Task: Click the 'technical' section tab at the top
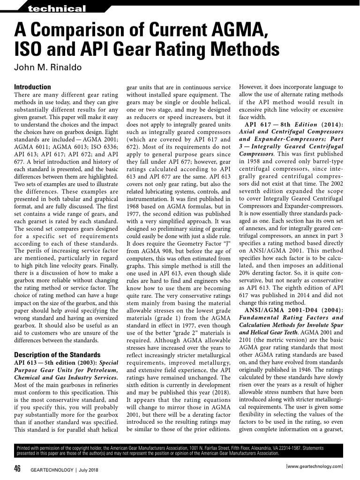tap(57, 9)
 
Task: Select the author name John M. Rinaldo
tap(48, 67)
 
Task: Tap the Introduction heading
tap(32, 87)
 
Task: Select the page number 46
tap(17, 469)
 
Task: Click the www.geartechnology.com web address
tap(314, 466)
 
